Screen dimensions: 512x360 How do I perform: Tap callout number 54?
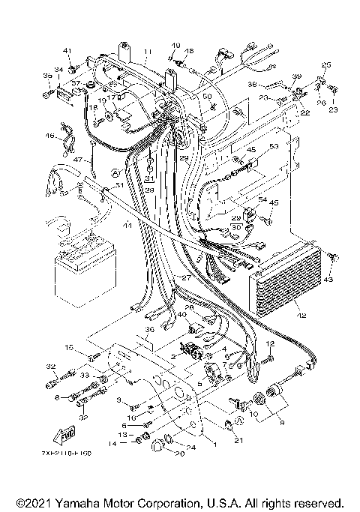(x=262, y=201)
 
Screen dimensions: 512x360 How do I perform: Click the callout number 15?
(x=67, y=347)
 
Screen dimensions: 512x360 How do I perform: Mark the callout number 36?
(x=149, y=330)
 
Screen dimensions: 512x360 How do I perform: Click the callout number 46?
(x=50, y=136)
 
